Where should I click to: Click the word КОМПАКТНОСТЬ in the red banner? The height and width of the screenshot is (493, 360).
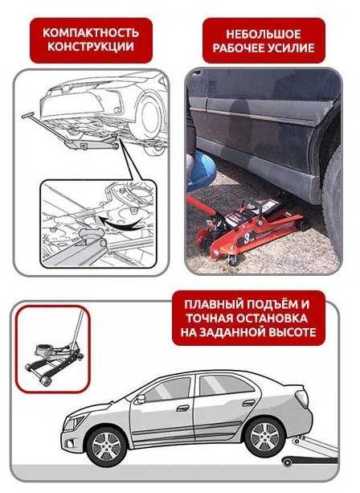click(91, 32)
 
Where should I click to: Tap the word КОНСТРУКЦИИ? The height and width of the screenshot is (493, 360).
click(91, 47)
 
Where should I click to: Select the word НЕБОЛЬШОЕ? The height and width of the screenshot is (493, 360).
click(264, 34)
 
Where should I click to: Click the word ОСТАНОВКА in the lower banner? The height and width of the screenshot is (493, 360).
click(272, 318)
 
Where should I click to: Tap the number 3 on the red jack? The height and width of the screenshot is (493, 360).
click(247, 240)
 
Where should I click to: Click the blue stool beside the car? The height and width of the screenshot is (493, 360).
click(200, 170)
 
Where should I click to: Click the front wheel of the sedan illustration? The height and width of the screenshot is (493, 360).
click(106, 446)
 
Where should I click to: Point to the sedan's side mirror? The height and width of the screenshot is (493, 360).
click(141, 399)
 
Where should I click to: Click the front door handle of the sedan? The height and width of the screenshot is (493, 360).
click(183, 408)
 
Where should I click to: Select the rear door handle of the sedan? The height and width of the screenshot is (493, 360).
click(249, 403)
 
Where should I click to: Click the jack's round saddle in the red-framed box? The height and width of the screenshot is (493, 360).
click(43, 349)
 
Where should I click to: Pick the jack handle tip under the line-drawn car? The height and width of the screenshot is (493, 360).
click(27, 115)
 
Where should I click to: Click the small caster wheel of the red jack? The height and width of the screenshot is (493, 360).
click(233, 260)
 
